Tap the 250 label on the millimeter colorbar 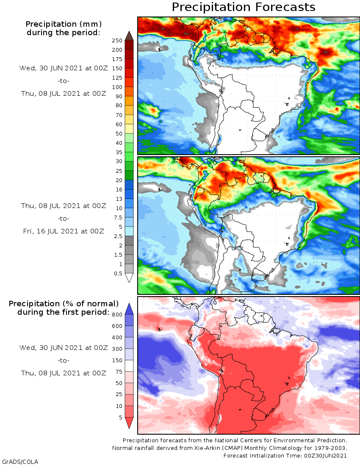pyautogui.click(x=117, y=41)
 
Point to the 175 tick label pyautogui.click(x=117, y=59)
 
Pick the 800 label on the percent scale pyautogui.click(x=117, y=315)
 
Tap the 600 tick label pyautogui.click(x=117, y=326)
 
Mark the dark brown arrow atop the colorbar pyautogui.click(x=129, y=36)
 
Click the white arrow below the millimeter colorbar pyautogui.click(x=129, y=278)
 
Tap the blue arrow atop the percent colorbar pyautogui.click(x=129, y=308)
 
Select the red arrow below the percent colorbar pyautogui.click(x=129, y=423)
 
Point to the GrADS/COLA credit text pyautogui.click(x=20, y=461)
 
